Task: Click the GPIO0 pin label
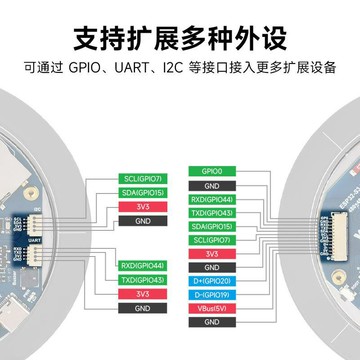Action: [211, 171]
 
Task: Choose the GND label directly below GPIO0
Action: [211, 185]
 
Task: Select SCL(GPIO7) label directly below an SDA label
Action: [211, 241]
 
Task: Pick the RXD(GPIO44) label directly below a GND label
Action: [211, 199]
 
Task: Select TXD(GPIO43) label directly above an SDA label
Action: [211, 213]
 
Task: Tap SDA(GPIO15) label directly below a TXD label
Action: [211, 227]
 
